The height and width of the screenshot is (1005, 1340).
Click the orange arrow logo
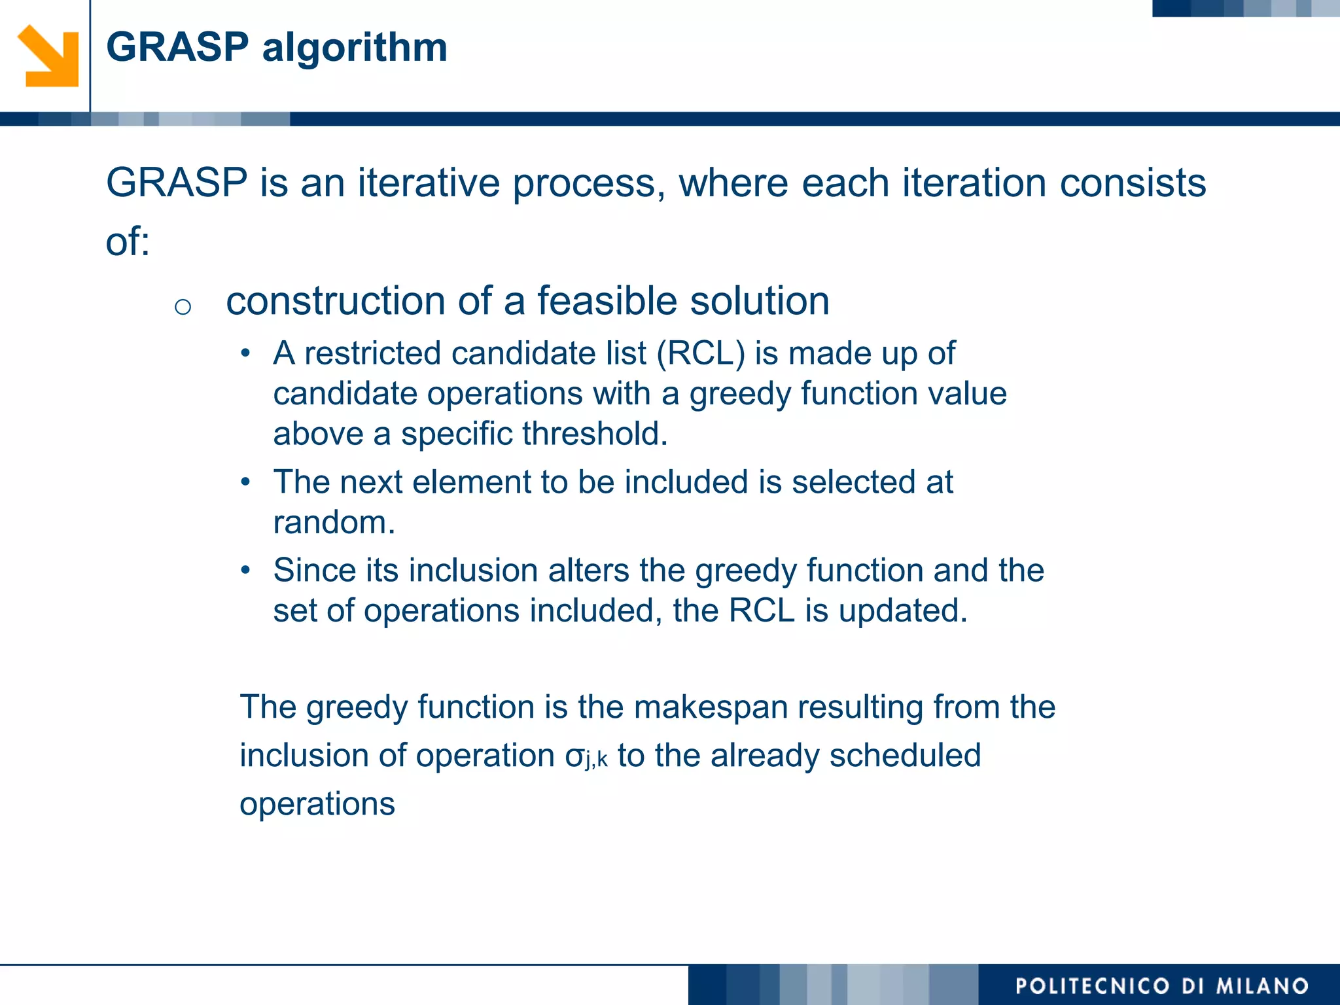click(x=48, y=56)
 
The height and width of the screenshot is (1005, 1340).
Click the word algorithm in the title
click(x=355, y=48)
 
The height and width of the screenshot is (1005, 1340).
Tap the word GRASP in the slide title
click(x=177, y=48)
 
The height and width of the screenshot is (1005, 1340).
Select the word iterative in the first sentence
click(x=429, y=183)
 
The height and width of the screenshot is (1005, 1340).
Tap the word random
click(x=334, y=523)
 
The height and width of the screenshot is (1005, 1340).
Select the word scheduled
click(x=905, y=756)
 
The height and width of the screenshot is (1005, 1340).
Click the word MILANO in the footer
click(x=1262, y=986)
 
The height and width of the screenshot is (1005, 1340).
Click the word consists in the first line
click(x=1133, y=183)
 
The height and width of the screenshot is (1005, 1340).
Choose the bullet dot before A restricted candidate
click(x=245, y=354)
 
